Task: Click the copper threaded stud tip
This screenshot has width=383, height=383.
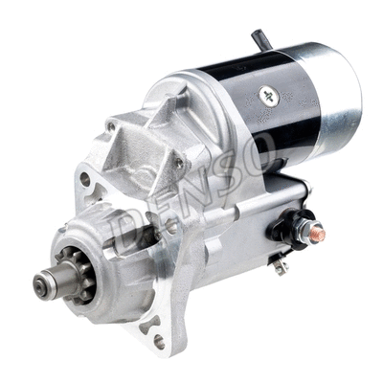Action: pos(318,234)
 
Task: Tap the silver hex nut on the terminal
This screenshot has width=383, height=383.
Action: pos(304,230)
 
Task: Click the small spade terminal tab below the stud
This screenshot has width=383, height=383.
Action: pos(281,266)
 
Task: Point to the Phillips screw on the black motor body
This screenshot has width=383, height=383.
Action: pos(269,96)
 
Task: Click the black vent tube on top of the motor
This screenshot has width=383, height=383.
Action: pos(261,39)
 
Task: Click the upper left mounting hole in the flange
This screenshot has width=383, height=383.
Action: pos(85,179)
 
